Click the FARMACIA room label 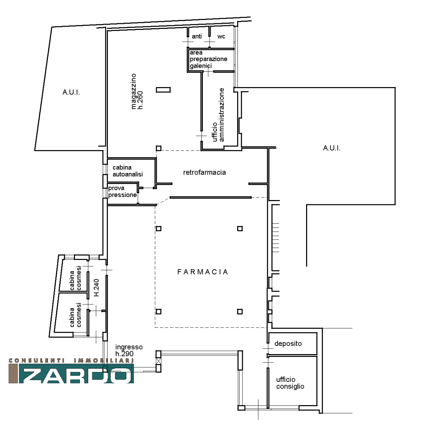(202, 272)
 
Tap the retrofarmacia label (204, 173)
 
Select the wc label (221, 37)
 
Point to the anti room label (197, 36)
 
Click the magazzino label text (134, 91)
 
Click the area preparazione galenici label (209, 59)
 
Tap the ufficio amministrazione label (218, 115)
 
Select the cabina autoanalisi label (127, 171)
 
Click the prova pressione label (122, 191)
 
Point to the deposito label (288, 343)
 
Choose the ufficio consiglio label (290, 383)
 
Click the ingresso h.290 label (129, 350)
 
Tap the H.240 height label (96, 287)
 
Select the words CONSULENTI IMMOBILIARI (71, 360)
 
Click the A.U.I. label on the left (71, 92)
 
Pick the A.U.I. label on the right (332, 148)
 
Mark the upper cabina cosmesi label (76, 278)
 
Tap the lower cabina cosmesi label (76, 315)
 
